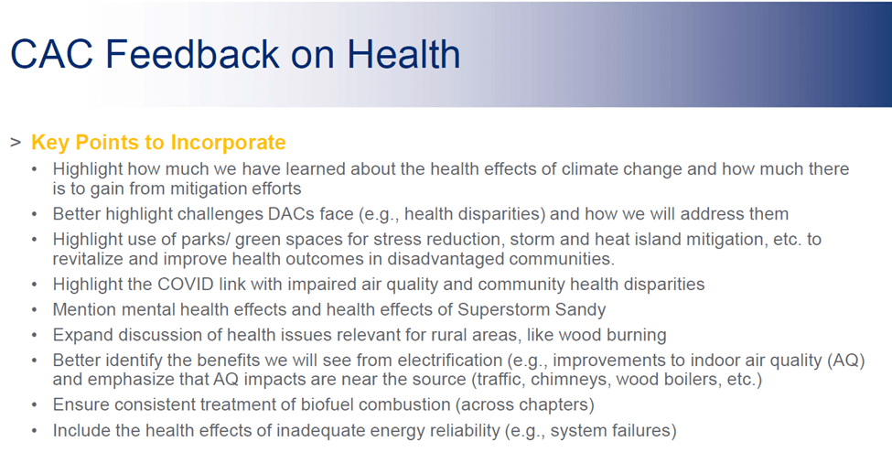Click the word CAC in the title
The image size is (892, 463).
click(x=52, y=55)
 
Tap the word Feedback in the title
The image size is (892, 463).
click(x=192, y=55)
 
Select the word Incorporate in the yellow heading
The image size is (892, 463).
click(x=228, y=143)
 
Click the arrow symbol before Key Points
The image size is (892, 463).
click(x=16, y=142)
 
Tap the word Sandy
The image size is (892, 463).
click(x=577, y=310)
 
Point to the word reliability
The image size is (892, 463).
click(x=461, y=431)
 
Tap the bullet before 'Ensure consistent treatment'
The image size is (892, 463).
click(x=34, y=405)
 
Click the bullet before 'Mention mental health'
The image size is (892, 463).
click(x=34, y=310)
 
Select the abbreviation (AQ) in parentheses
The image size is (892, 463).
click(x=847, y=361)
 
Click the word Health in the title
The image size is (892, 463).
click(x=403, y=55)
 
